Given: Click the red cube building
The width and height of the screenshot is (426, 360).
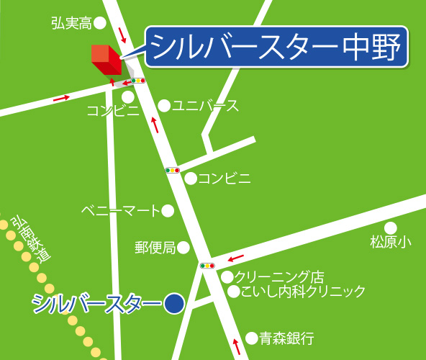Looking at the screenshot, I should tap(106, 59).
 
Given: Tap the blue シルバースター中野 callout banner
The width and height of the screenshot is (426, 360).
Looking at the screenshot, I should tap(277, 48).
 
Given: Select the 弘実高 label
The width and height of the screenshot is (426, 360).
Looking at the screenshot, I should tap(71, 24).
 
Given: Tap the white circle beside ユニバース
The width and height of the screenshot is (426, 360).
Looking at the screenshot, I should tap(164, 106).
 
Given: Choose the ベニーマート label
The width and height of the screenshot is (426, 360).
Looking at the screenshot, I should tap(119, 211).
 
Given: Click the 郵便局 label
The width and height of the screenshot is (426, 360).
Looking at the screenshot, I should tap(155, 248).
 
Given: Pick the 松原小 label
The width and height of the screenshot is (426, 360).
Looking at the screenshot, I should tap(390, 243).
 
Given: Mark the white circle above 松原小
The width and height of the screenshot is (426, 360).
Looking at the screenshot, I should tap(391, 228).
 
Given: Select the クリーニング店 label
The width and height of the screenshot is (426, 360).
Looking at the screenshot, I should tap(279, 276).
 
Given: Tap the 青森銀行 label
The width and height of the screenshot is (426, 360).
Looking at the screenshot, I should tap(287, 337).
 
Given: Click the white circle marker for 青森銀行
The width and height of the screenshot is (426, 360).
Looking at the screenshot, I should tap(251, 337).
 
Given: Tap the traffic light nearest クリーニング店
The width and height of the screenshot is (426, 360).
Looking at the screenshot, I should tap(207, 266).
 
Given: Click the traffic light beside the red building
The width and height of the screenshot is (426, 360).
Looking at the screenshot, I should tap(137, 81).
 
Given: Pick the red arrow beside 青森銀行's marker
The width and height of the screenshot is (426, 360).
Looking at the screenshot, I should tap(238, 343).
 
